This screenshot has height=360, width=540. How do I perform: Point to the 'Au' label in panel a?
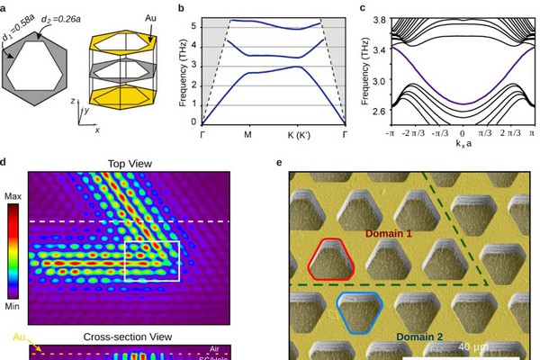point(149,17)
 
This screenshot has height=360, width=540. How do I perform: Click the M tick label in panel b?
point(248,134)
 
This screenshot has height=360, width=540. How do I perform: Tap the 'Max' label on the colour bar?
point(13,194)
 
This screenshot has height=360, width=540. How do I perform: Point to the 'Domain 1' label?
point(390,232)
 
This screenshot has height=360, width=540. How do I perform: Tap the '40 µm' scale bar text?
point(474,346)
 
